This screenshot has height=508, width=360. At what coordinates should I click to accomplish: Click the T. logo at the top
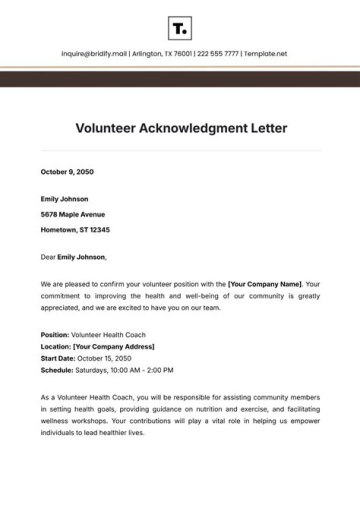[x=179, y=28]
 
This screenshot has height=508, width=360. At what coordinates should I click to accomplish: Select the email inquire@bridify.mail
[x=94, y=54]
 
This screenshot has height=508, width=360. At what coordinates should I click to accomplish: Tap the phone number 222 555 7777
[x=217, y=54]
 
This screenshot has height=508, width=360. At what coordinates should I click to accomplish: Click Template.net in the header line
[x=266, y=54]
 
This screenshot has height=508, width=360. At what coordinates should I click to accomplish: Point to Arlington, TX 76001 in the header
[x=161, y=54]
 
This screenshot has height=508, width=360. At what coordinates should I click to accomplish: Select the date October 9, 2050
[x=67, y=172]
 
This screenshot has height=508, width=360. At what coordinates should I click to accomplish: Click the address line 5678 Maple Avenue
[x=72, y=214]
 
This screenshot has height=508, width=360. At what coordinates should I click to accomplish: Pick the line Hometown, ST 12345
[x=75, y=230]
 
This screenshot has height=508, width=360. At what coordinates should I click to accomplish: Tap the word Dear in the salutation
[x=47, y=257]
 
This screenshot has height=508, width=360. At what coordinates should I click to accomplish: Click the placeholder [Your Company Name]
[x=264, y=284]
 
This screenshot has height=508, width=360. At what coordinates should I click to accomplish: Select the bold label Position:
[x=55, y=334]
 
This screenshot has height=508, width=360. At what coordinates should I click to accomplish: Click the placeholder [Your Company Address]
[x=113, y=346]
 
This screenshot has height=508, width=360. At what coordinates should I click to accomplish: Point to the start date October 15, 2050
[x=104, y=358]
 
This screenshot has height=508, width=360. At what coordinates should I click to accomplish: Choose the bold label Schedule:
[x=56, y=370]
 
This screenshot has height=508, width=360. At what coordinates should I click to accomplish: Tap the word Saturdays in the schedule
[x=90, y=370]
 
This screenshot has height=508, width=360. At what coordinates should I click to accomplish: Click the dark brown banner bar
[x=180, y=79]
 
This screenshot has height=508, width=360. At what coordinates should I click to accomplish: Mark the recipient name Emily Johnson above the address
[x=64, y=199]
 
